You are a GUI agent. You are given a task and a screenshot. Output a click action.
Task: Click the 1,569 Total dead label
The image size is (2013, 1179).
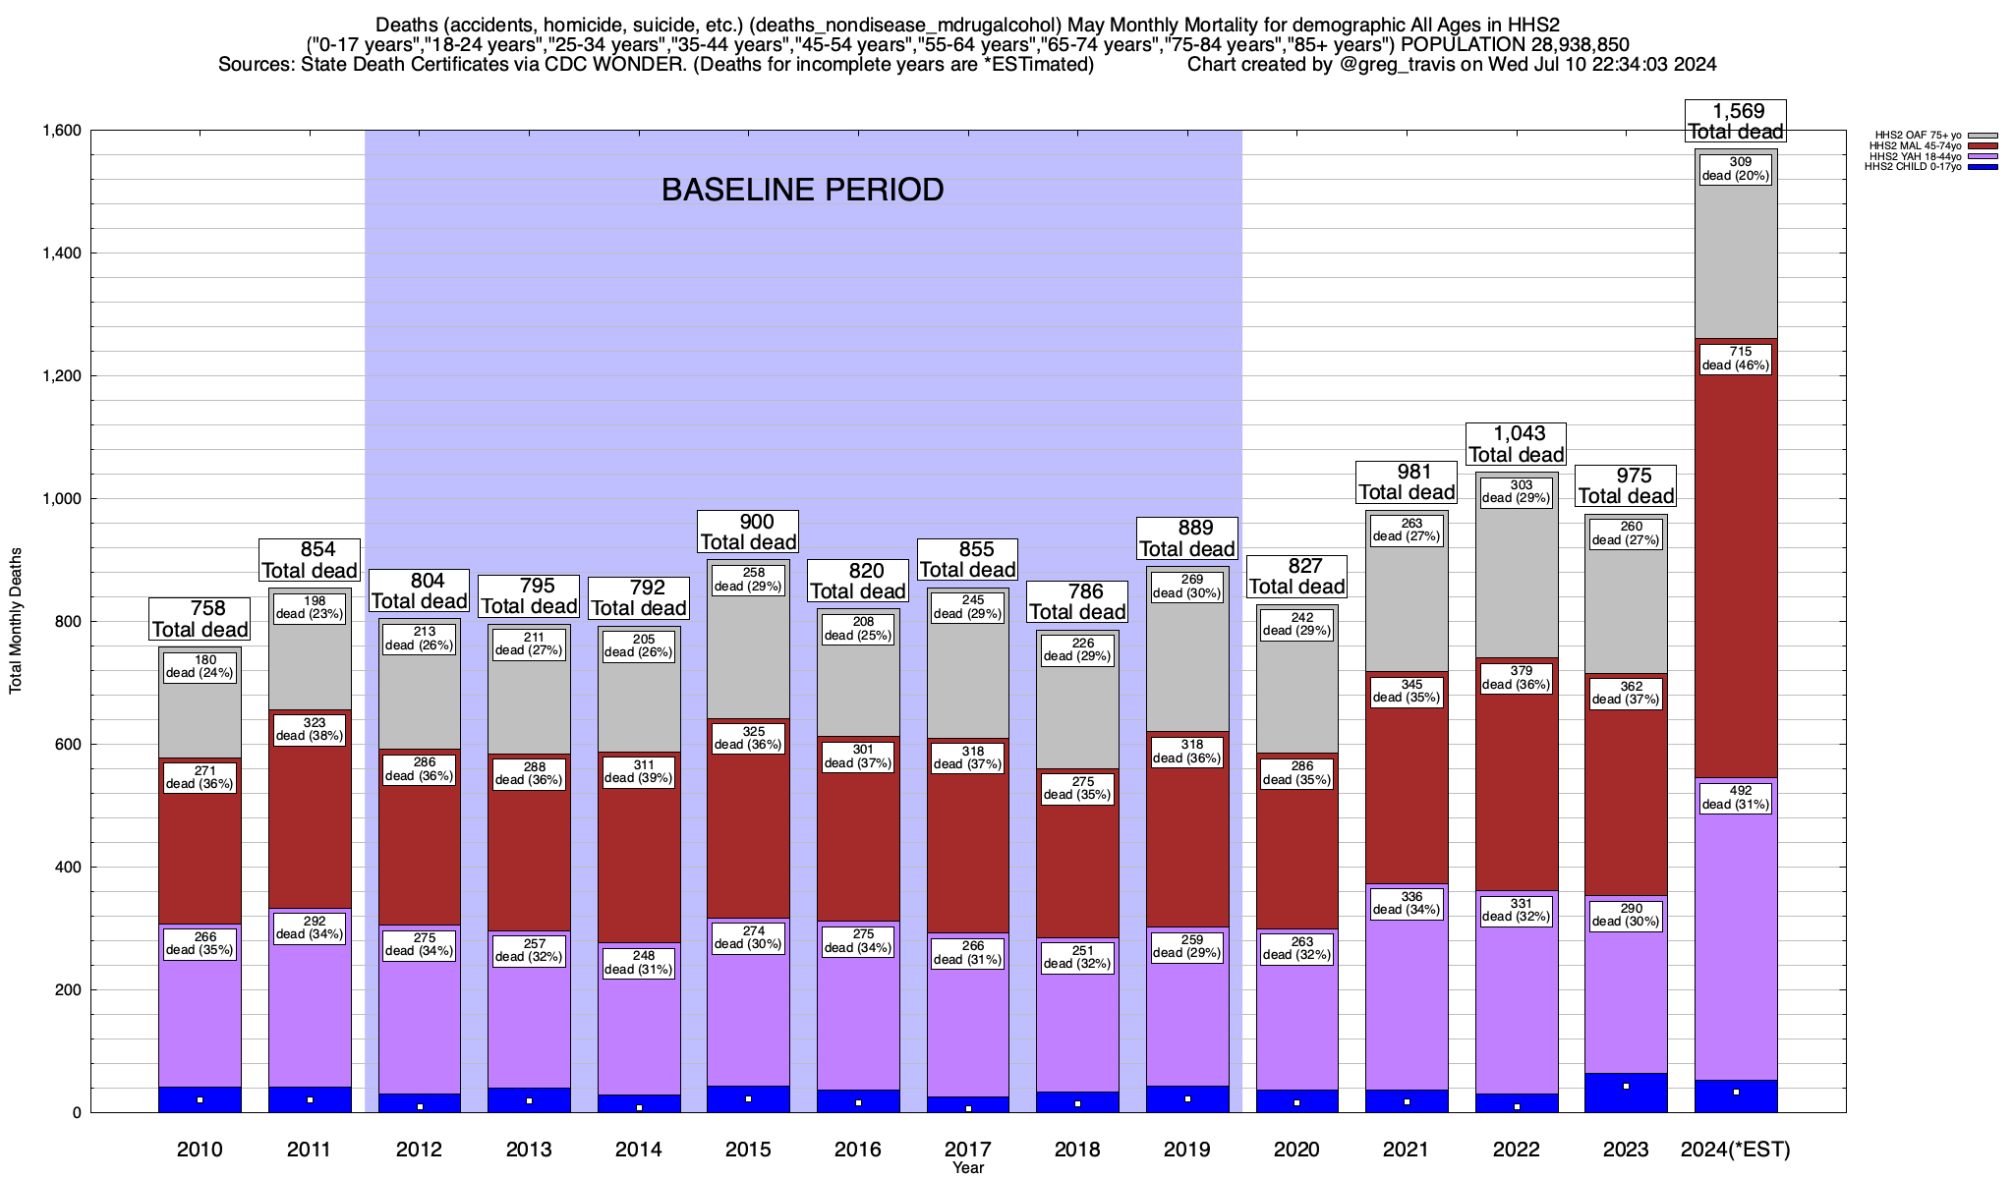(1736, 122)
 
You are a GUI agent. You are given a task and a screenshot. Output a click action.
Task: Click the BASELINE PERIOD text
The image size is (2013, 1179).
(802, 190)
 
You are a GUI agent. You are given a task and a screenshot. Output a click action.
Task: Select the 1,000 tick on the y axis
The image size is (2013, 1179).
(61, 499)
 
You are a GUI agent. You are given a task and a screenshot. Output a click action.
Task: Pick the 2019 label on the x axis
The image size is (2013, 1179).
(1187, 1149)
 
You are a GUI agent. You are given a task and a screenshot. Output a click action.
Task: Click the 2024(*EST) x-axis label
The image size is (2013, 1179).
(1736, 1149)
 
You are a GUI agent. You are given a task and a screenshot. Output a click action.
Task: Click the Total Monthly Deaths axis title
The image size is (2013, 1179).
(16, 621)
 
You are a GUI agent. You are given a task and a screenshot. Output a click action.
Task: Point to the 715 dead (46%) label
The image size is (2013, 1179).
(1736, 359)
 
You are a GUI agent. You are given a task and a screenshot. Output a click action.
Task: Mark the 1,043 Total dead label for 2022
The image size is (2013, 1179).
(1517, 444)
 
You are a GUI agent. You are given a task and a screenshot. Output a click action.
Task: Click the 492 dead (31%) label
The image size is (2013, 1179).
(1736, 798)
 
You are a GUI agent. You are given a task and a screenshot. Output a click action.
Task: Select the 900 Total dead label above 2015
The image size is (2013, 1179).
(748, 532)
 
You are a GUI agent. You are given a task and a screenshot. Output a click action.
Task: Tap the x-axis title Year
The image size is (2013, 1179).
(967, 1168)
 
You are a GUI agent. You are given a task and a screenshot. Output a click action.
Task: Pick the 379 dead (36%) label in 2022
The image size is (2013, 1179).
(1517, 678)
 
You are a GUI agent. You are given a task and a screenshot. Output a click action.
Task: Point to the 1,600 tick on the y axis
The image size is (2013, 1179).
(61, 131)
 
